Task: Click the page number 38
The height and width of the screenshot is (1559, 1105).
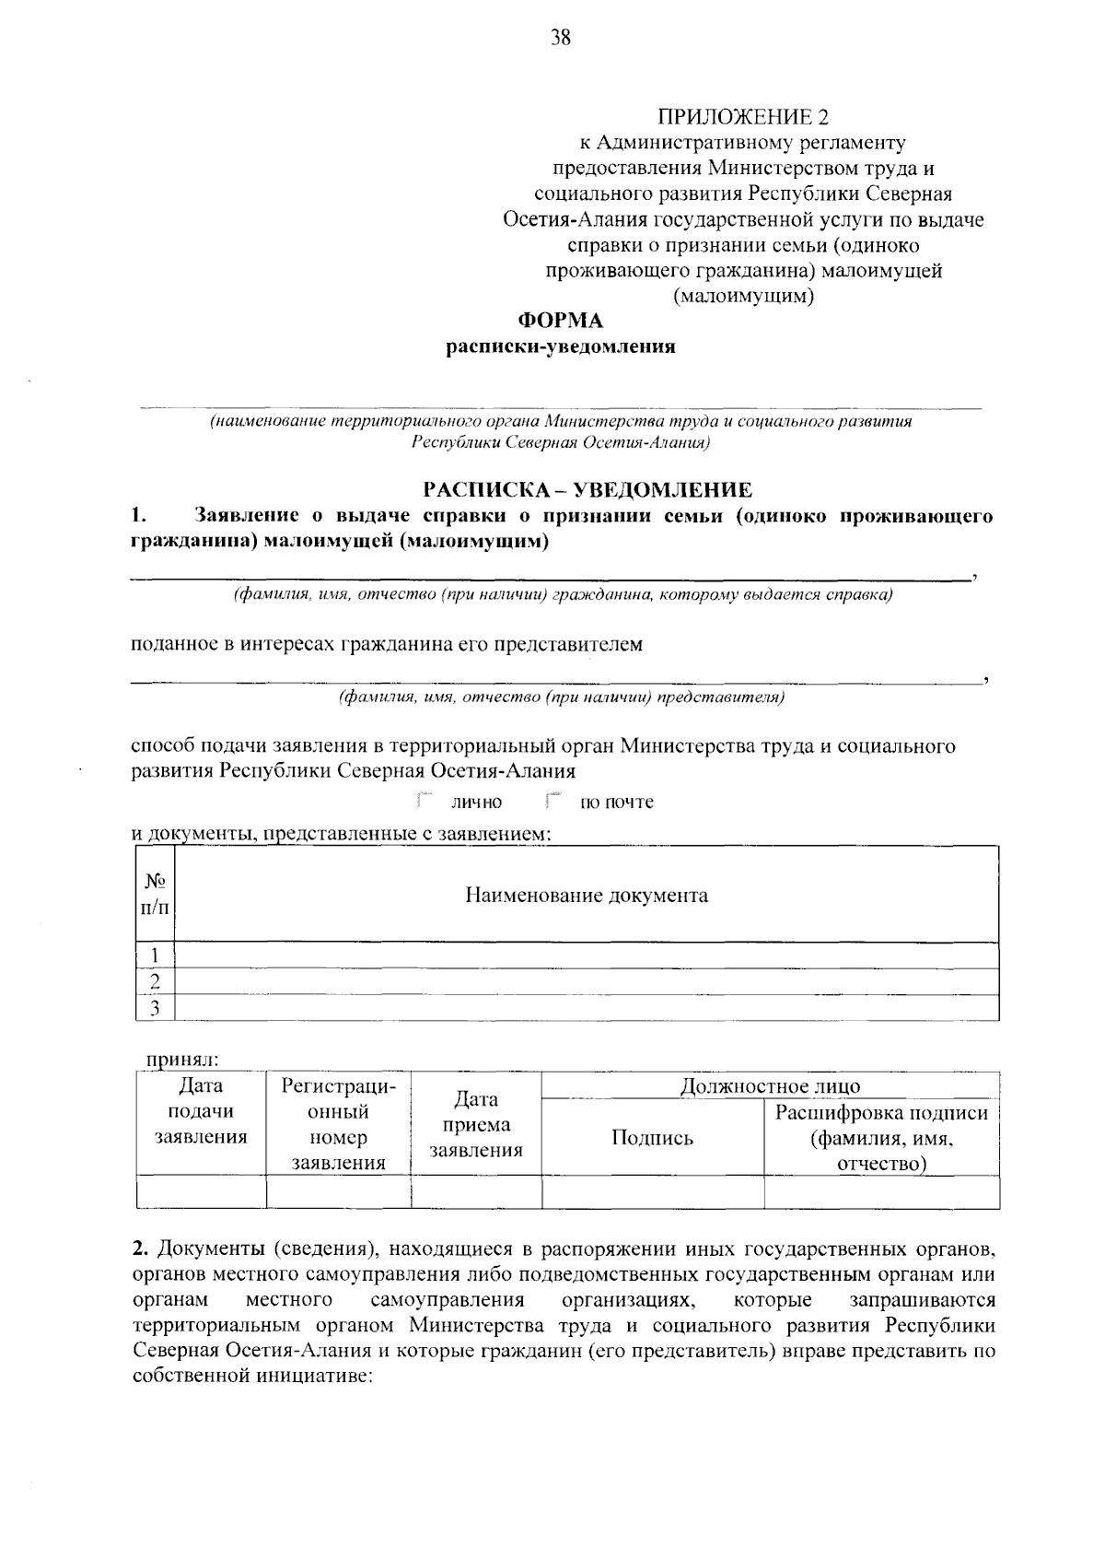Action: pyautogui.click(x=561, y=38)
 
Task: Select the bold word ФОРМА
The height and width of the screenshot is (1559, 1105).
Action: pyautogui.click(x=561, y=321)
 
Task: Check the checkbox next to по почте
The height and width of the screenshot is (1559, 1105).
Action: pyautogui.click(x=552, y=800)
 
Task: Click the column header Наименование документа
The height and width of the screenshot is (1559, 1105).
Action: pyautogui.click(x=587, y=896)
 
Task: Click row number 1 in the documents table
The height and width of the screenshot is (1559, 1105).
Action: pyautogui.click(x=155, y=955)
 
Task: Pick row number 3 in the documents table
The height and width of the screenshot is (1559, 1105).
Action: pyautogui.click(x=155, y=1009)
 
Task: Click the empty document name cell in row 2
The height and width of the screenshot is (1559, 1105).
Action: pyautogui.click(x=587, y=982)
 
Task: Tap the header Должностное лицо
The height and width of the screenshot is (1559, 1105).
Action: pyautogui.click(x=770, y=1086)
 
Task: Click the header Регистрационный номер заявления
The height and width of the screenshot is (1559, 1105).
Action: pyautogui.click(x=338, y=1125)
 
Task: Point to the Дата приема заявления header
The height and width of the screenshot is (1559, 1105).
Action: pyautogui.click(x=476, y=1125)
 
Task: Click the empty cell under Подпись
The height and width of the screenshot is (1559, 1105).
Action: pyautogui.click(x=652, y=1193)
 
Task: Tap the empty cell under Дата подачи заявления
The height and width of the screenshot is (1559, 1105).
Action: pyautogui.click(x=201, y=1193)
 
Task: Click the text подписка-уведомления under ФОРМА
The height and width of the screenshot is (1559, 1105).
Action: pyautogui.click(x=561, y=347)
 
